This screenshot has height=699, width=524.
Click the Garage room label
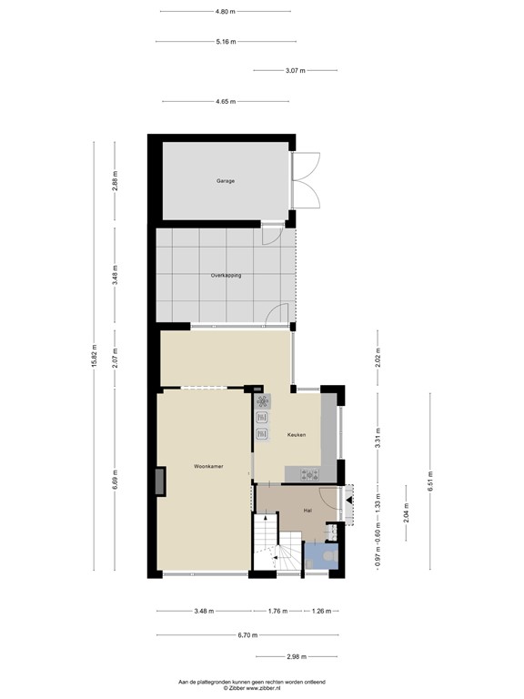226,181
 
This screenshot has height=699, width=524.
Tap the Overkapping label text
226,275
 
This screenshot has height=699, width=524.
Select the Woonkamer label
208,466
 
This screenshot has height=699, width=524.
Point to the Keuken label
297,435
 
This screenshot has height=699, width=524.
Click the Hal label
308,511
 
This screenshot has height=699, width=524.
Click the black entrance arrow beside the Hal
351,500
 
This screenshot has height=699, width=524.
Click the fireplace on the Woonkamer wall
161,481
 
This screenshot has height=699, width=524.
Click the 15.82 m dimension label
95,355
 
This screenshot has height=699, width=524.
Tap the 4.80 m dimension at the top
225,12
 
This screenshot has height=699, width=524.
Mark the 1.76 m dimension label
277,611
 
